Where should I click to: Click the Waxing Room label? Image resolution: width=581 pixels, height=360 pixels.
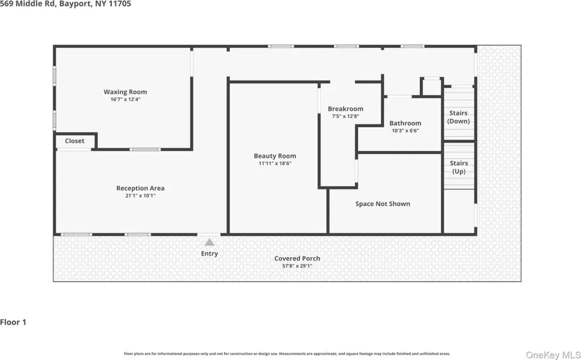(x=125, y=91)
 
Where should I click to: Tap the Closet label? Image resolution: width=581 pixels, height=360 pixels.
(x=74, y=141)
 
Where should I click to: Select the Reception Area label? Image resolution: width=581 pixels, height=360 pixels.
(x=141, y=188)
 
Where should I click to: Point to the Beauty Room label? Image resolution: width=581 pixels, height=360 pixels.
(x=275, y=156)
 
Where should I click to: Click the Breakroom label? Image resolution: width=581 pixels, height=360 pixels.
(x=346, y=108)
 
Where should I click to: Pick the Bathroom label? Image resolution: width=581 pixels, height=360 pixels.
(x=405, y=123)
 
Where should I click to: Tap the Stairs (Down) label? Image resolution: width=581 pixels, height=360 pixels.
(x=458, y=117)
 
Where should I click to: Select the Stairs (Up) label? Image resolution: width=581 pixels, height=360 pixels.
(x=458, y=167)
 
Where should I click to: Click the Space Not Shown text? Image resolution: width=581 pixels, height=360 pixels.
(x=383, y=203)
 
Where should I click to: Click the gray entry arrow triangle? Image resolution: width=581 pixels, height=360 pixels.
(x=209, y=242)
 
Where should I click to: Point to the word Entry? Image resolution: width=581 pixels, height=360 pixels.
(x=209, y=254)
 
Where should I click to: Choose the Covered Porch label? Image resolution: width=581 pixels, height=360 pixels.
(x=297, y=258)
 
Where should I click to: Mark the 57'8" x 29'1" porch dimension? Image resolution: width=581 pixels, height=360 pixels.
(x=297, y=266)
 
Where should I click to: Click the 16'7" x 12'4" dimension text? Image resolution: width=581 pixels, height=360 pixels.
(x=125, y=99)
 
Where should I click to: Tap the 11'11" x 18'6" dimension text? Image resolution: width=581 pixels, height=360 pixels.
(x=275, y=164)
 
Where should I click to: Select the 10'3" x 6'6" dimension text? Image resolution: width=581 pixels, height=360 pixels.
(x=405, y=131)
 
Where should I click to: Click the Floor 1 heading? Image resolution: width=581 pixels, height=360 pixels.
(x=14, y=322)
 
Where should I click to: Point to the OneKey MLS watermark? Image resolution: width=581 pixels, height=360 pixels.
(x=553, y=355)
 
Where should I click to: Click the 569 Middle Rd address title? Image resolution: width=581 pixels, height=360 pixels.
(x=65, y=4)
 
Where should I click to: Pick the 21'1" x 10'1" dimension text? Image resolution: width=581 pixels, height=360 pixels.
(x=141, y=196)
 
